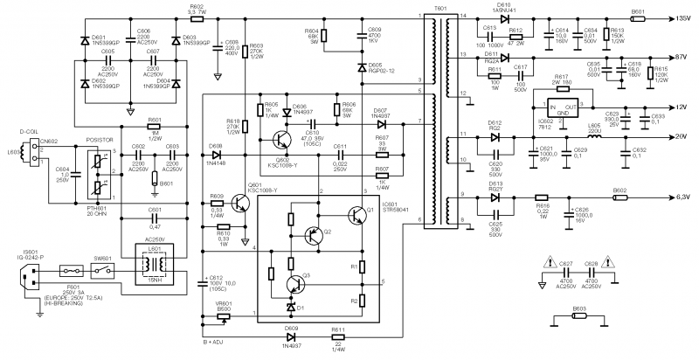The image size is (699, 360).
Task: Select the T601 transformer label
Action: [439, 7]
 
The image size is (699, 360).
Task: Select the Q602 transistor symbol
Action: [282, 140]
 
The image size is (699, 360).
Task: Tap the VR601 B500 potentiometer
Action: [224, 315]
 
